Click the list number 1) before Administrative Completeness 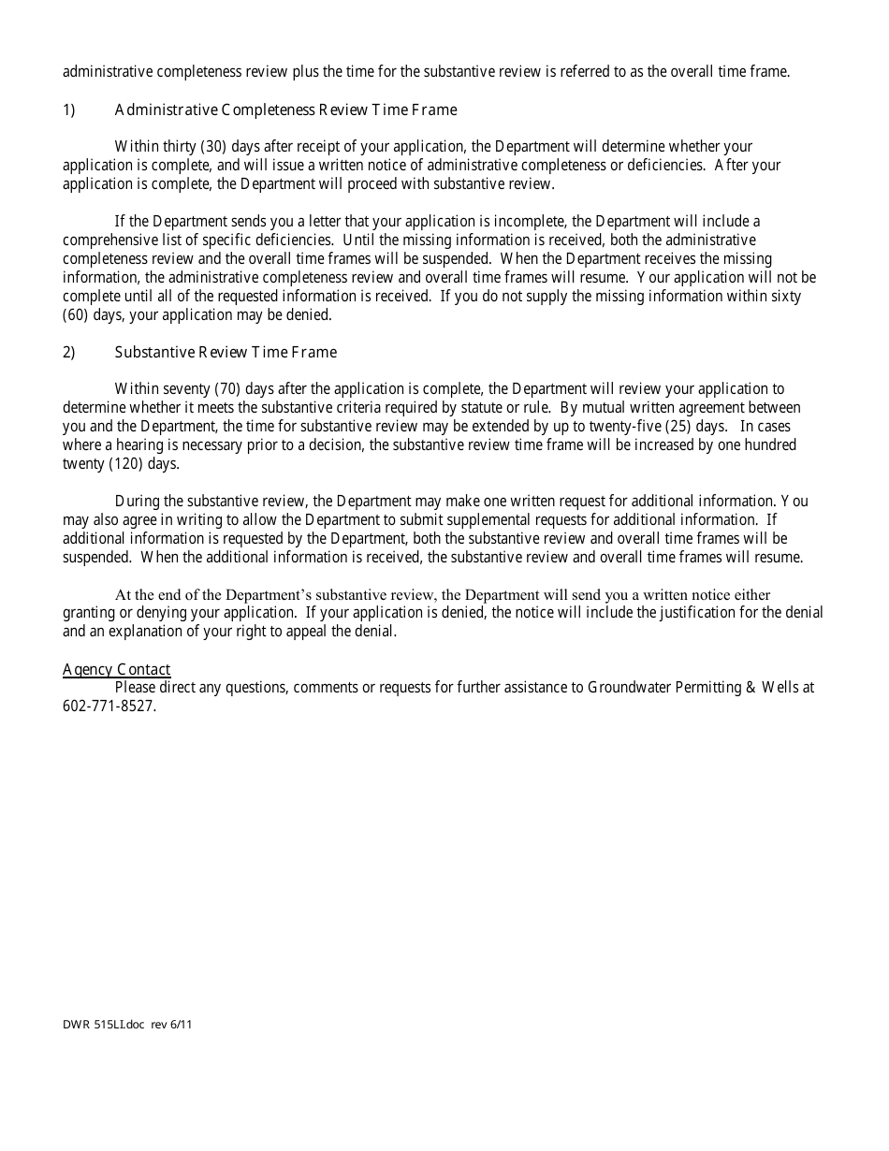pyautogui.click(x=68, y=110)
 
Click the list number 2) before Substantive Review pyautogui.click(x=68, y=353)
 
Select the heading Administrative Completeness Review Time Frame pyautogui.click(x=285, y=110)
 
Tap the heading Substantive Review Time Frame pyautogui.click(x=226, y=353)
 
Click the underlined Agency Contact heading pyautogui.click(x=117, y=669)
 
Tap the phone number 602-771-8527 pyautogui.click(x=109, y=707)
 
